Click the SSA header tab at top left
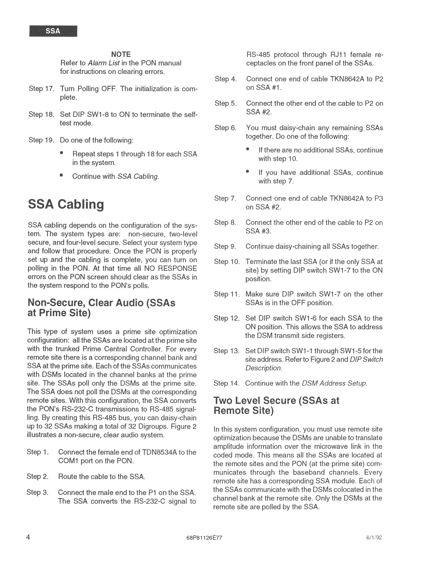(x=53, y=31)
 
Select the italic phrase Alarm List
(x=104, y=63)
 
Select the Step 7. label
(x=225, y=198)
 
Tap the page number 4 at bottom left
(x=28, y=537)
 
